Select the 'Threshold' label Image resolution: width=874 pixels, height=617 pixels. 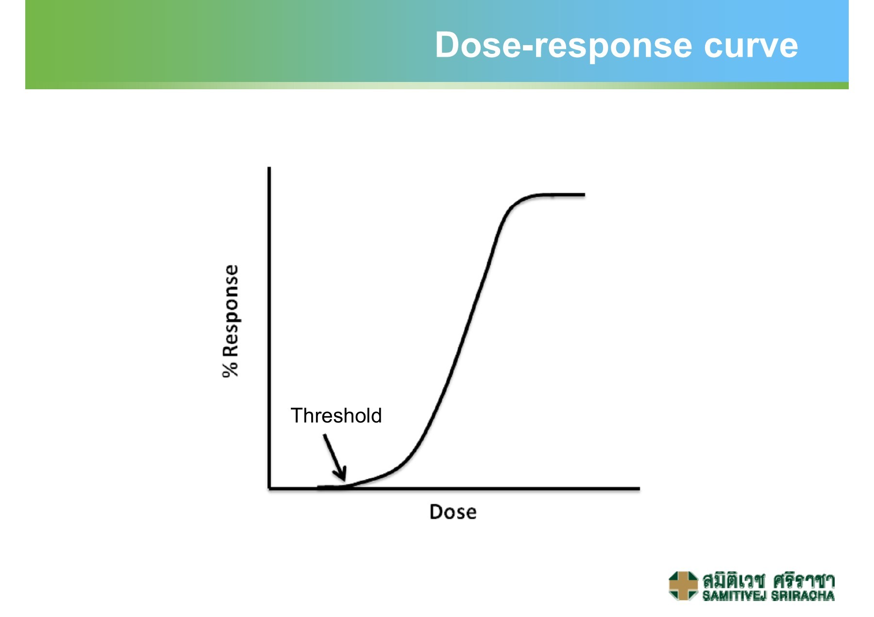click(x=336, y=416)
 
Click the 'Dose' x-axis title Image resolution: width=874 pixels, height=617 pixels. click(x=453, y=512)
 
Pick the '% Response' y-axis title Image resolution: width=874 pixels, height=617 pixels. click(x=231, y=321)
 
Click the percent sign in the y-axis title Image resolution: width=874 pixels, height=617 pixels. click(x=231, y=368)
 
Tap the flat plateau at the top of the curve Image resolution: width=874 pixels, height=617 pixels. click(x=558, y=195)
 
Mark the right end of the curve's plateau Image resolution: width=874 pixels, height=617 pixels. click(x=585, y=195)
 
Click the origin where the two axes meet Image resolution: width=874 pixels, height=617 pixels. click(x=269, y=488)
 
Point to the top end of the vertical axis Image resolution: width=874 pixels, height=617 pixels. click(x=269, y=168)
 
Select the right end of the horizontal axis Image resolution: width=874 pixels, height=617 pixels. click(x=639, y=488)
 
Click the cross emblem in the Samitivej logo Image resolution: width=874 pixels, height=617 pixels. click(x=683, y=585)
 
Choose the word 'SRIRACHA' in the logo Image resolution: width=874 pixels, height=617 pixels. click(x=803, y=596)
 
